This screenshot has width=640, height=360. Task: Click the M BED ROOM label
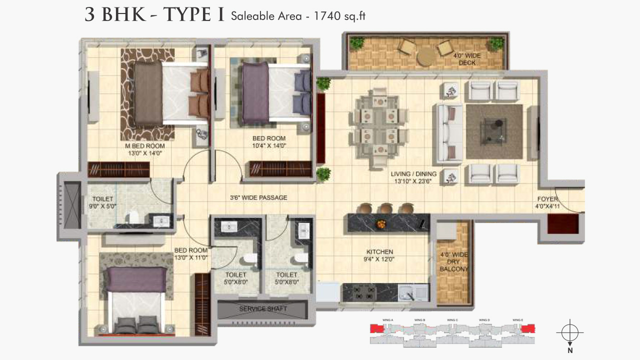(x=144, y=146)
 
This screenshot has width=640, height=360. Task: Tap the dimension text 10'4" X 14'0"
(x=268, y=146)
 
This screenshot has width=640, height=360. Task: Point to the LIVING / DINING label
(x=413, y=174)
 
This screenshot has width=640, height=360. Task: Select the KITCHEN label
(x=379, y=252)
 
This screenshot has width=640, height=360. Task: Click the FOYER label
(x=547, y=199)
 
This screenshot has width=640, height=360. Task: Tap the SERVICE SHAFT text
(x=263, y=308)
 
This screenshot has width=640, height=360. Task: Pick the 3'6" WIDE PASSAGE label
(x=258, y=197)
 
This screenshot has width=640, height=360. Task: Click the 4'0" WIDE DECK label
(x=467, y=59)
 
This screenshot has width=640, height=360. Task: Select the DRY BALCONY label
(x=453, y=262)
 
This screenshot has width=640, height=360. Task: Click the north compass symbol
(x=569, y=332)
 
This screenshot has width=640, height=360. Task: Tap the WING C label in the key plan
(x=452, y=320)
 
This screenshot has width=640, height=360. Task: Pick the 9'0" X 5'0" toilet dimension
(x=103, y=206)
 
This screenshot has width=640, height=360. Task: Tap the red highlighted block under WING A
(x=376, y=328)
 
